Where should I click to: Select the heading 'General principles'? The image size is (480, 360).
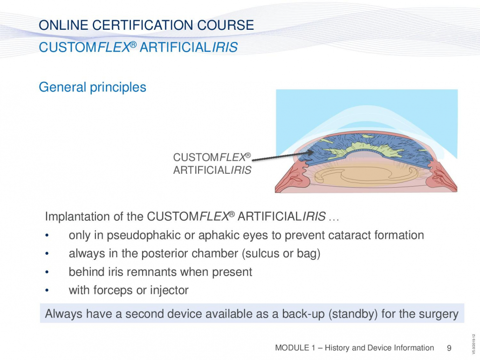(x=92, y=87)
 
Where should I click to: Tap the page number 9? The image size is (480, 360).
(x=449, y=348)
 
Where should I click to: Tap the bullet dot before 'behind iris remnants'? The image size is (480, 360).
(x=47, y=272)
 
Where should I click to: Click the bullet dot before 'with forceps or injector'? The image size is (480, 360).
(x=47, y=290)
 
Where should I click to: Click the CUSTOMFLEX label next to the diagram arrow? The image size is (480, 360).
(x=212, y=157)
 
